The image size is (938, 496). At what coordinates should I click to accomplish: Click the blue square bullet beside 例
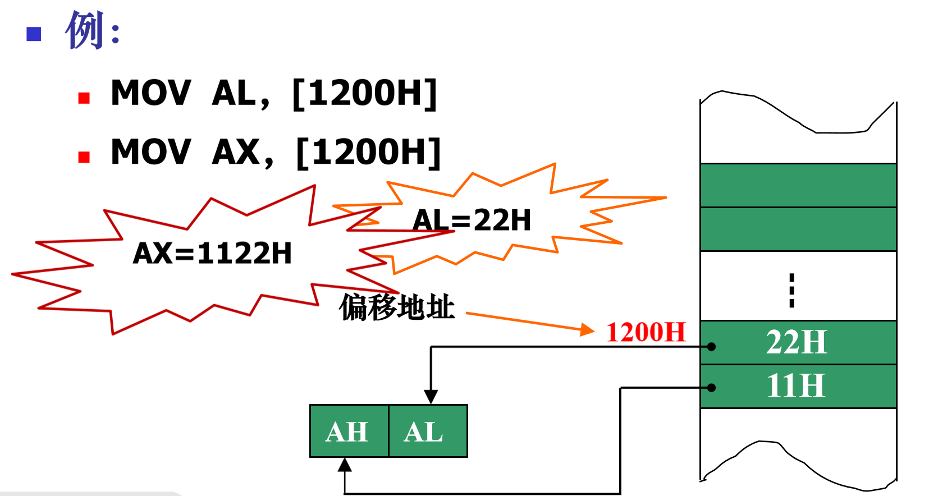tap(34, 34)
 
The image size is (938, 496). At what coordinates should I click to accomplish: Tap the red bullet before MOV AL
tap(84, 98)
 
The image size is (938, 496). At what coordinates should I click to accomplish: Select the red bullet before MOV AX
tap(84, 157)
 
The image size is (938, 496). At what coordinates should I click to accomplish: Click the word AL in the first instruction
tap(235, 93)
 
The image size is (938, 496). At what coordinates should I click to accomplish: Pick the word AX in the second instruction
tap(236, 151)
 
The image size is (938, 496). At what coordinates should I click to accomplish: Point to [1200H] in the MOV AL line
tap(365, 93)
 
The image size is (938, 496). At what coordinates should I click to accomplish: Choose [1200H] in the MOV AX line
tap(368, 151)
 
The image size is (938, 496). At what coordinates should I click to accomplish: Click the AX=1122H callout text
tap(212, 253)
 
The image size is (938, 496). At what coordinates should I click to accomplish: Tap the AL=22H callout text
tap(472, 220)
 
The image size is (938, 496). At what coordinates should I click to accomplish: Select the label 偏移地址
tap(397, 307)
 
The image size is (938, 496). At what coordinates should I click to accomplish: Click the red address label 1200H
tap(646, 332)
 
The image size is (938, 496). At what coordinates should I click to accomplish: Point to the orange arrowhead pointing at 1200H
tap(587, 329)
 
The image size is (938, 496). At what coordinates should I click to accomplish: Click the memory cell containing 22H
tap(798, 342)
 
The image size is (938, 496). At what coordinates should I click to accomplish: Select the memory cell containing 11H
tap(798, 386)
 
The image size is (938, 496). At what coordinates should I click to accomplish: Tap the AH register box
tap(348, 431)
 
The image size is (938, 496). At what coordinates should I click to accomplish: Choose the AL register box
tap(427, 431)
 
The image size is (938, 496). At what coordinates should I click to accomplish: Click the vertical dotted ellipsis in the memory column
tap(791, 290)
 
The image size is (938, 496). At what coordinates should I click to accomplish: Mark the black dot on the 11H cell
tap(711, 388)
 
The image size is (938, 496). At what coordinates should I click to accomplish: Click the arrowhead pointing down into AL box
tap(431, 397)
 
